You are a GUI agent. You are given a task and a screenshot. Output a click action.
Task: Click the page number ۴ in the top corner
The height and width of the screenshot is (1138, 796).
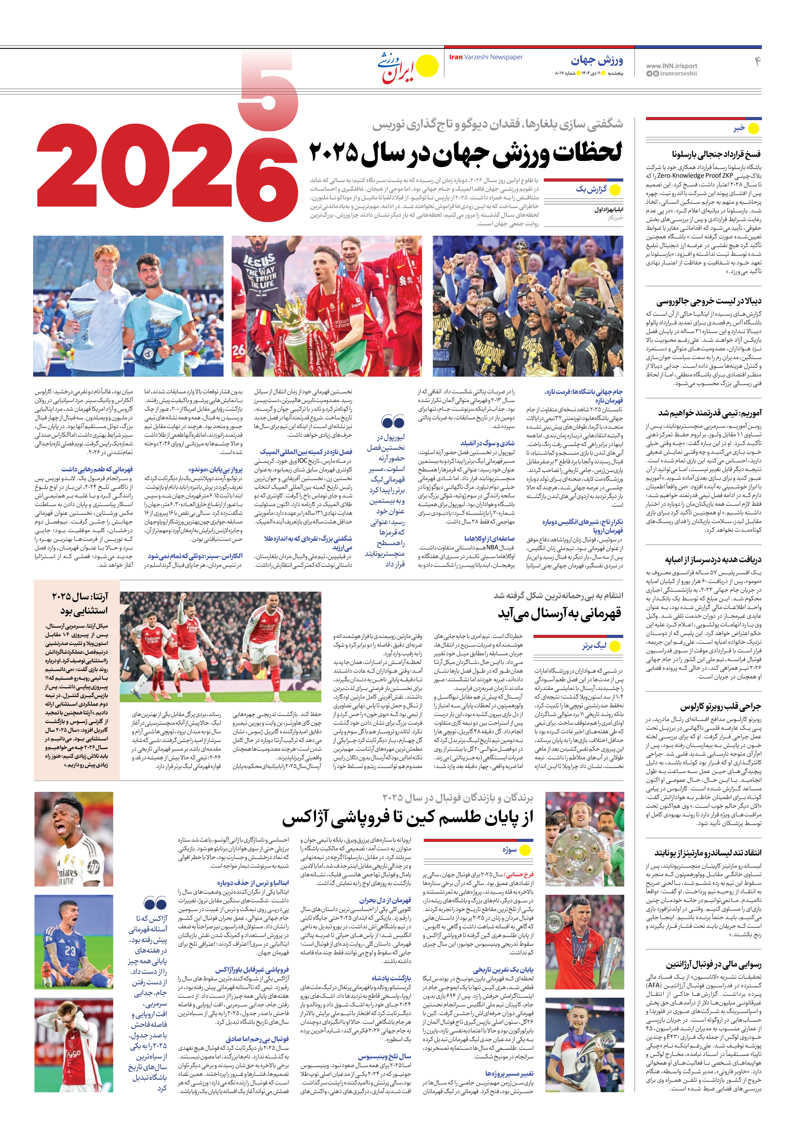pos(757,62)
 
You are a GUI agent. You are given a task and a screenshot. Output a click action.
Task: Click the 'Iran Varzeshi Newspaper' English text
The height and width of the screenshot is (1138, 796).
pos(486,57)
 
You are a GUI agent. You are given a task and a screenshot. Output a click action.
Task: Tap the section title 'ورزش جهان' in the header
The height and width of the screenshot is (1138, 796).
pos(597,61)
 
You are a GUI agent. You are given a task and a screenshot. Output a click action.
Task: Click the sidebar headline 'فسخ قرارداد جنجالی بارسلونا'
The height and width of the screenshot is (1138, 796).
pos(716,154)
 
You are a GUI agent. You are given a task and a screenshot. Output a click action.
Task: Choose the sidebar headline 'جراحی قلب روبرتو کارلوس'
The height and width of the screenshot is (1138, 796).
pos(720,706)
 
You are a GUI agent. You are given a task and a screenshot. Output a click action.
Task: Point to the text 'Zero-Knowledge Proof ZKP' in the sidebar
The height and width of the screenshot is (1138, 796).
pos(694,176)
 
